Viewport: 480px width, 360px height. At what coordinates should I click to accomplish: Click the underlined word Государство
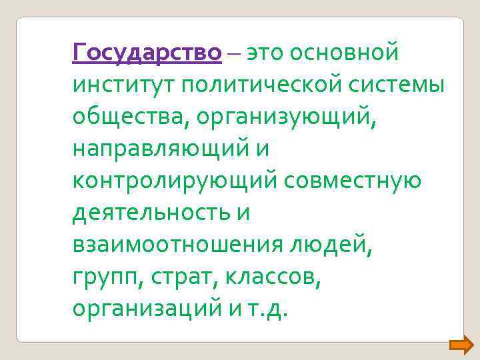[x=147, y=52]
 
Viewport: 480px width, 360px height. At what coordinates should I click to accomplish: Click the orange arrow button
[x=461, y=344]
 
